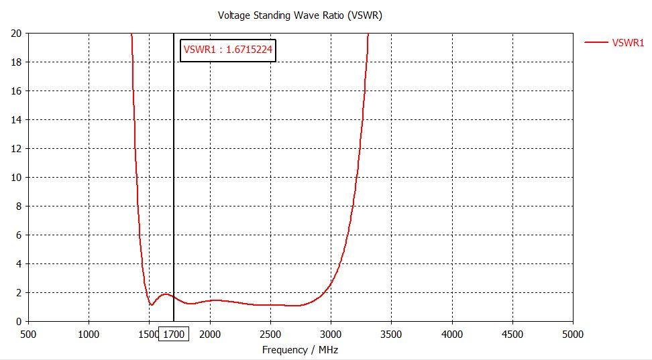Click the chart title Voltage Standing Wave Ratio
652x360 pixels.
point(300,15)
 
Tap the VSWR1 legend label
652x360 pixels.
point(628,43)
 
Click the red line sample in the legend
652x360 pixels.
point(596,43)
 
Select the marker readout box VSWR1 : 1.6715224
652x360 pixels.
point(229,50)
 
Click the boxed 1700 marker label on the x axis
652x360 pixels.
point(174,334)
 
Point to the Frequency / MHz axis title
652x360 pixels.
point(300,349)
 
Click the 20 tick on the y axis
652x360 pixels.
point(16,34)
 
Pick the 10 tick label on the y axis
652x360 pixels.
point(16,178)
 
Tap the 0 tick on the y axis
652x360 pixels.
point(19,322)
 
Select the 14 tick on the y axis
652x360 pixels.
point(16,120)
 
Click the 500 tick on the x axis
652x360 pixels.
point(28,334)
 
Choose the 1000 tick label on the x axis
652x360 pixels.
point(89,334)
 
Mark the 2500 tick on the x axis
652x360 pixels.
point(270,334)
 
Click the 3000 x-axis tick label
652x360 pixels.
point(331,334)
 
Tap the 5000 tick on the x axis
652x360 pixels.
point(573,334)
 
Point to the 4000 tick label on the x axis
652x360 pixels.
point(452,334)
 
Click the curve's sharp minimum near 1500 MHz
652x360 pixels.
point(152,305)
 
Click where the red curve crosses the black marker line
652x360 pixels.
point(174,297)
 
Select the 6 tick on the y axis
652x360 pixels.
point(19,235)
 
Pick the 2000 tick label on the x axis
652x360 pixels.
point(210,334)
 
